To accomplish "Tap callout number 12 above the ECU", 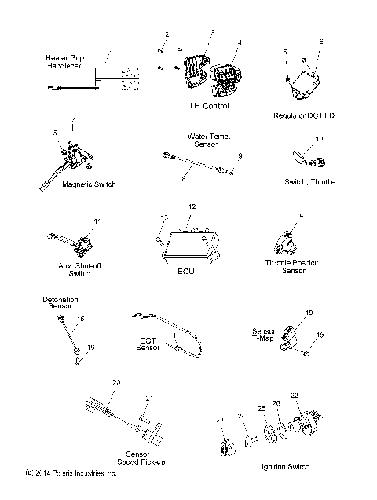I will coord(190,206).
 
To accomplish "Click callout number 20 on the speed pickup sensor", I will coord(116,382).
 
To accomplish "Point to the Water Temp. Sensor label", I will coord(208,140).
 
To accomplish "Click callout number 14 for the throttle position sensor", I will coord(299,214).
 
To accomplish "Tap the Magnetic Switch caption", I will coord(89,184).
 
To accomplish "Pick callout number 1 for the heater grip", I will coord(111,47).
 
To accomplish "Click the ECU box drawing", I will coord(188,243).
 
